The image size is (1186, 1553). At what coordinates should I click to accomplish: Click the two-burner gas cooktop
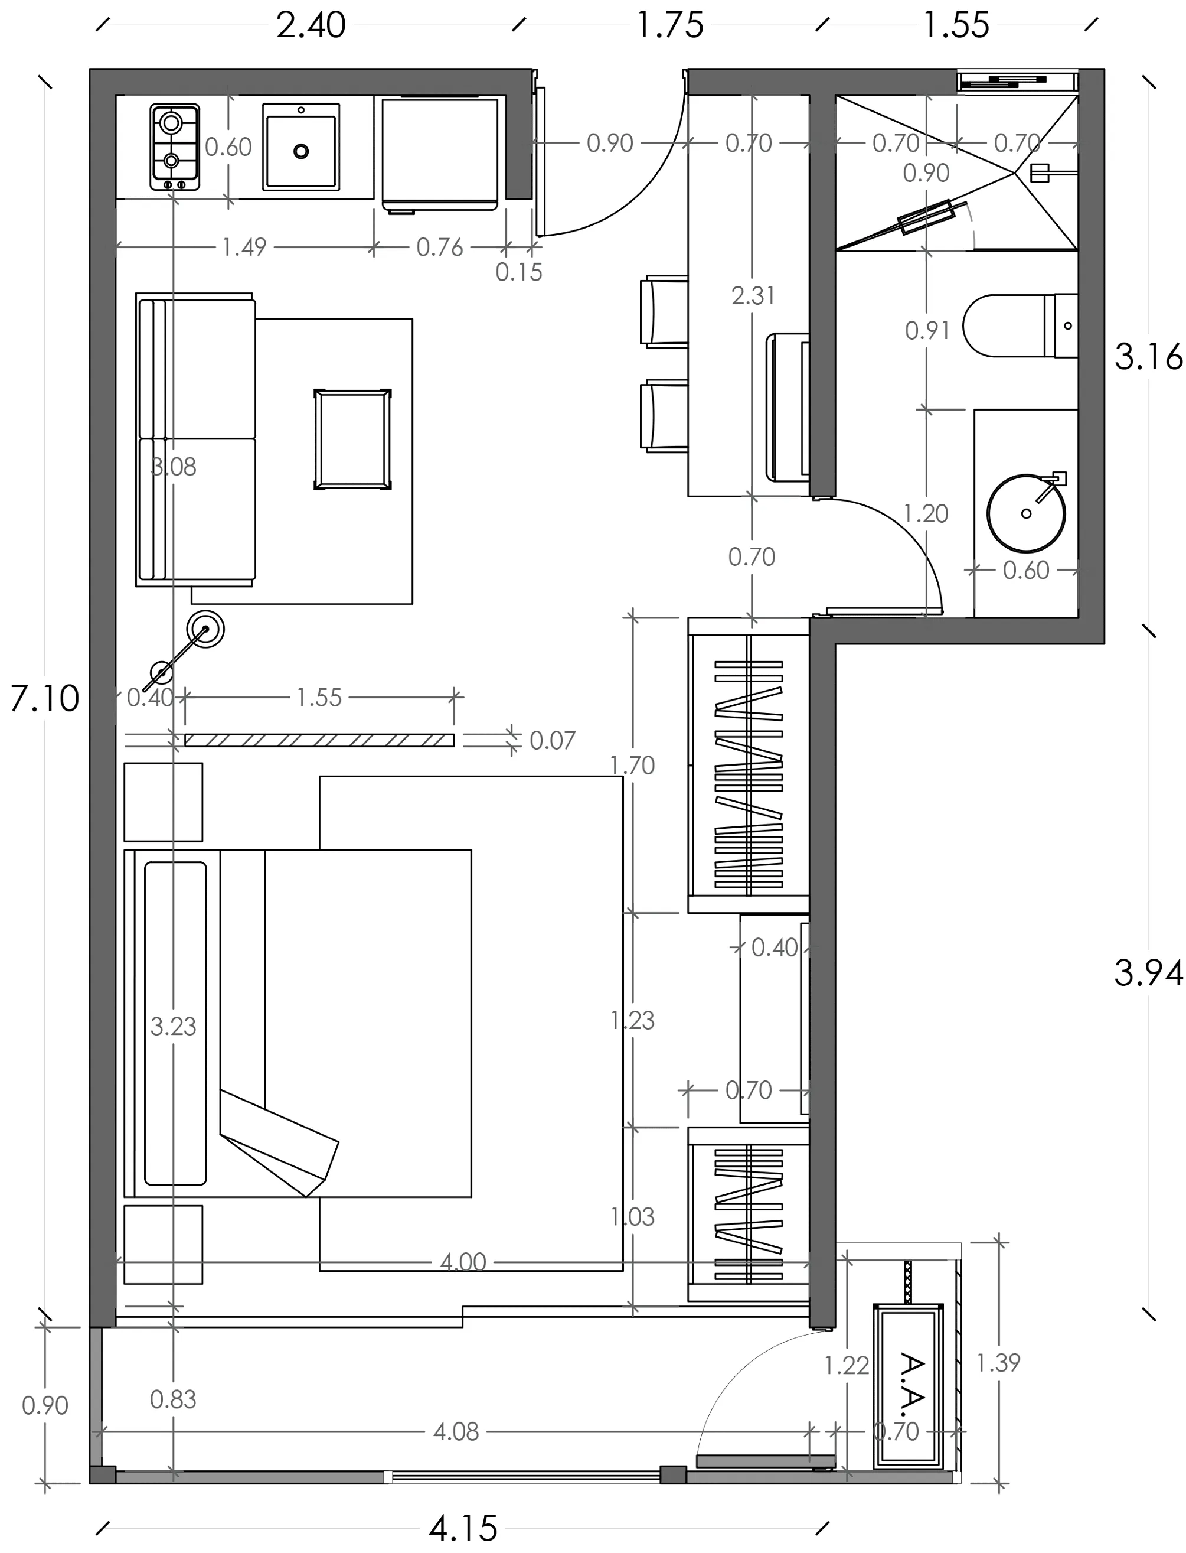(174, 147)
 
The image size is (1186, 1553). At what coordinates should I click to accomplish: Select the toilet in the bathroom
(1020, 325)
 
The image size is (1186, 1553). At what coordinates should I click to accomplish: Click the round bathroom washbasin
(1026, 513)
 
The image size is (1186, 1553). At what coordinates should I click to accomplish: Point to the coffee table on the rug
(352, 438)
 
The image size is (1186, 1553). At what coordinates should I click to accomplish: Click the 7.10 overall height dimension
(44, 698)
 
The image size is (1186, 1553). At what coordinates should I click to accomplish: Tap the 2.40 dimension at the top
(311, 25)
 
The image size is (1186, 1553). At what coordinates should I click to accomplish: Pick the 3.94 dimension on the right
(1148, 972)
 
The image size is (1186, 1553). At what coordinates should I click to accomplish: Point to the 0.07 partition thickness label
(552, 740)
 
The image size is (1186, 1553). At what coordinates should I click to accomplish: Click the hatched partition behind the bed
(319, 740)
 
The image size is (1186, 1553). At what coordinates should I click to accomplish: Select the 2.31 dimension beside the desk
(753, 295)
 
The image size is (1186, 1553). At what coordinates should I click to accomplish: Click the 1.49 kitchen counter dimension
(244, 247)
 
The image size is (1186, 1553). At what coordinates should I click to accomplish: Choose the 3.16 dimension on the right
(1148, 357)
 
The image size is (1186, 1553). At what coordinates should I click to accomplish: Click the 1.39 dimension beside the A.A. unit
(998, 1362)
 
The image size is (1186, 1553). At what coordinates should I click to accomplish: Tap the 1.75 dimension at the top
(670, 25)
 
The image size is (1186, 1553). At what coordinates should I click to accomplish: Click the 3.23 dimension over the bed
(173, 1025)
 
